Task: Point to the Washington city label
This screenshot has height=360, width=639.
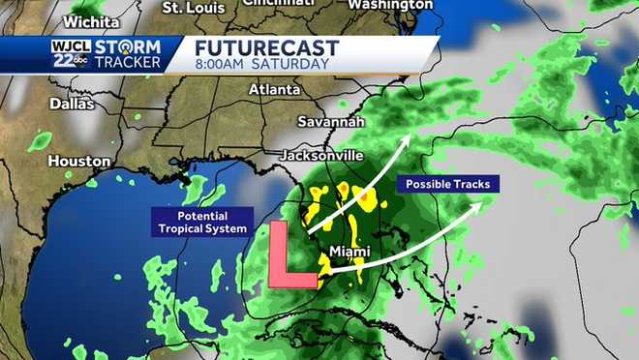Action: [389, 5]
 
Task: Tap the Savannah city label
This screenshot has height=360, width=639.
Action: [332, 123]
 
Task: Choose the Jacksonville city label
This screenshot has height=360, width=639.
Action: [321, 155]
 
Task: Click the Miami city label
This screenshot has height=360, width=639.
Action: [350, 252]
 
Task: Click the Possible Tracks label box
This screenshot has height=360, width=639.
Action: [448, 184]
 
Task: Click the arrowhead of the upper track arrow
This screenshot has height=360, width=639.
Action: [406, 140]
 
